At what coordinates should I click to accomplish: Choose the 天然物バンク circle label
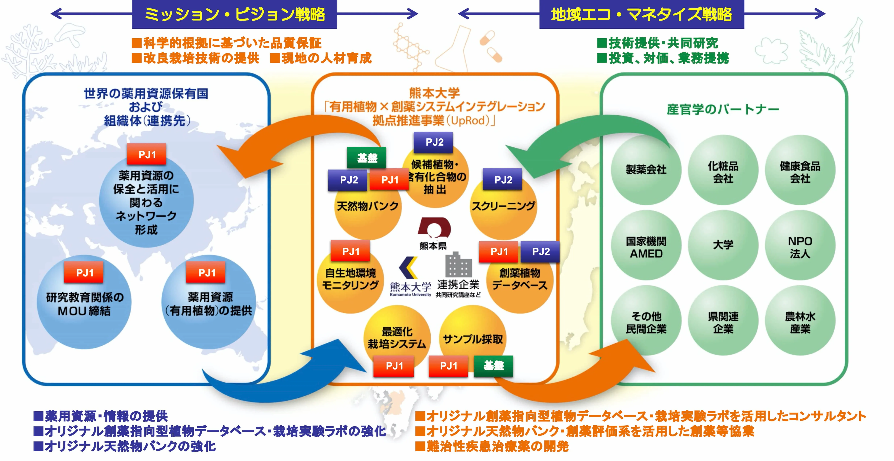click(368, 206)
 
